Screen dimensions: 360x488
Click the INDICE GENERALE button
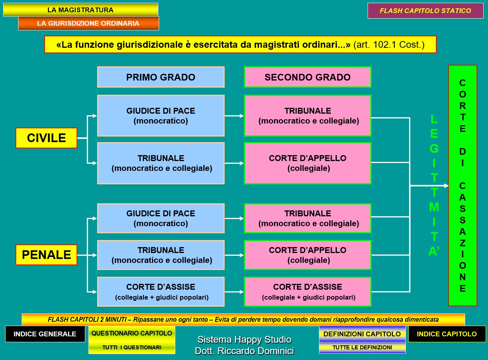click(45, 334)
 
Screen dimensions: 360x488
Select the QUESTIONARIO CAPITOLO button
click(132, 333)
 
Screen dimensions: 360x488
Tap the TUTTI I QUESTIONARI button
click(132, 347)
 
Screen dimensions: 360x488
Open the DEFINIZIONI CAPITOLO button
click(362, 334)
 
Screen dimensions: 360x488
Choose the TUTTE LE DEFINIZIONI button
click(362, 347)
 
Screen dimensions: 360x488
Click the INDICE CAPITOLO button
click(447, 334)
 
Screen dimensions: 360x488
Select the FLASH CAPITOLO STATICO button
click(425, 11)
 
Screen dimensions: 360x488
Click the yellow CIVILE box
click(46, 138)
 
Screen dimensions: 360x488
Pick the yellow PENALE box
click(46, 255)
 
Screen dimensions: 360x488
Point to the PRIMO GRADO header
click(161, 77)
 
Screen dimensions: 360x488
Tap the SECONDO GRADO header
click(308, 77)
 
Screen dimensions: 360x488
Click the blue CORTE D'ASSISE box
click(161, 292)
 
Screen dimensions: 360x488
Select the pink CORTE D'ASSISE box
click(308, 292)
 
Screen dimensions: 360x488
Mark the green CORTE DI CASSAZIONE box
click(462, 186)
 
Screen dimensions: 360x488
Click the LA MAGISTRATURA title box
click(81, 10)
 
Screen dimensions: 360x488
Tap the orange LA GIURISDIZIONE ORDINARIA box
click(88, 23)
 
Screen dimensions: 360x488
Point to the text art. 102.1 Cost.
click(389, 45)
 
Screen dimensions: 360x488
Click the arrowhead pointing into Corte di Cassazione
click(446, 186)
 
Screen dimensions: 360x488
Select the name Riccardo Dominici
click(244, 351)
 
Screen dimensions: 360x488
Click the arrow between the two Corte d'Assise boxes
click(234, 292)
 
